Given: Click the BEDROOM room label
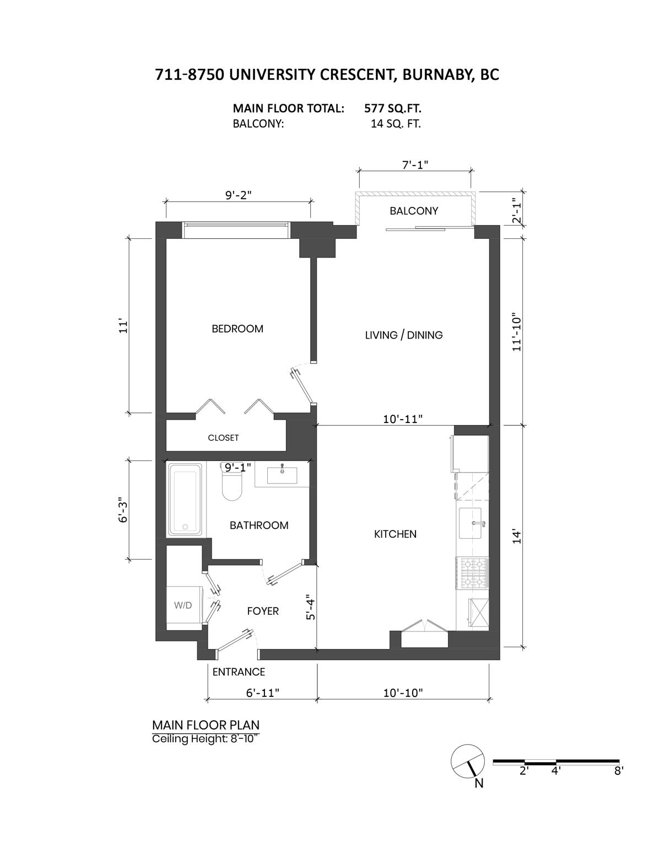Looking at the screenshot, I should (x=237, y=329).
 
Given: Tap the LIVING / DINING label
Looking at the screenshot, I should (x=404, y=335).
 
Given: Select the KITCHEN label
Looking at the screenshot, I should (x=395, y=534).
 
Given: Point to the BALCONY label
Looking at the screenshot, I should (x=414, y=211).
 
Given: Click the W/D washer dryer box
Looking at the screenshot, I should (x=183, y=605).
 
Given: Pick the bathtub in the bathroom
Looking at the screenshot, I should (x=186, y=500).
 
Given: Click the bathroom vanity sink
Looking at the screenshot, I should (x=282, y=473).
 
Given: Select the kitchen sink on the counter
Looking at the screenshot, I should (x=472, y=523).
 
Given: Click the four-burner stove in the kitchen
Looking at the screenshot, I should (x=472, y=572).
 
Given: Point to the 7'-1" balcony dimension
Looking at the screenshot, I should (x=415, y=164).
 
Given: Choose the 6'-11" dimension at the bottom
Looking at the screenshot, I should (x=263, y=693).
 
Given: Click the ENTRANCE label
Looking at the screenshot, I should (x=239, y=672).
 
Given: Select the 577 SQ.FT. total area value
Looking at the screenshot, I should (x=393, y=108).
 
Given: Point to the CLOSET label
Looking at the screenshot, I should (x=223, y=438).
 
